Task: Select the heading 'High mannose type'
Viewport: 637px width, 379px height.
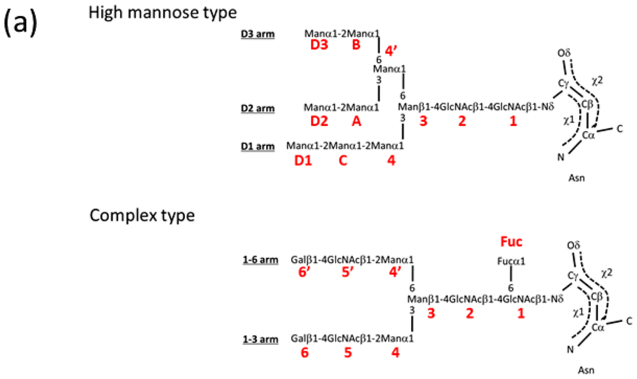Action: point(157,12)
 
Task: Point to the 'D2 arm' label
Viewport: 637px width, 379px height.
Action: point(258,108)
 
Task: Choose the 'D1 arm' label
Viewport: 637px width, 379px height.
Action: point(258,147)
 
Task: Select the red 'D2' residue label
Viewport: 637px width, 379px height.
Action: point(319,121)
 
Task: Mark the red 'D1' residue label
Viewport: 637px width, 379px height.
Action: point(302,161)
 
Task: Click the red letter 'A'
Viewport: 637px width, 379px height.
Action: point(356,121)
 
